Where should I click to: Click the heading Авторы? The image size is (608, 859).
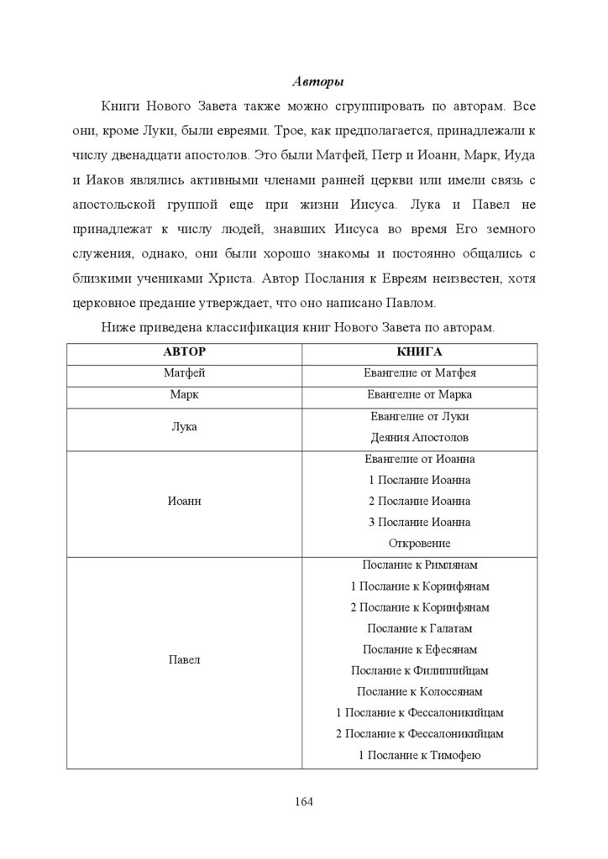(318, 82)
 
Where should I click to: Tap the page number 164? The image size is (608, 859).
(303, 802)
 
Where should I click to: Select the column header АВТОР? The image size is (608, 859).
(184, 352)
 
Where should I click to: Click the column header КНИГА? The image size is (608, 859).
(419, 352)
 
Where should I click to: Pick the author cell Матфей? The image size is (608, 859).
(184, 373)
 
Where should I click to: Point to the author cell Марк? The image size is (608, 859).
(184, 394)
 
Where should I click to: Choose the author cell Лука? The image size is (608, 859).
(184, 427)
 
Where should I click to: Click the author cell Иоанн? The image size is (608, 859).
(184, 501)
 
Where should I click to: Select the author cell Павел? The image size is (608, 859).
(184, 660)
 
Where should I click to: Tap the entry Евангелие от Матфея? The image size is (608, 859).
(419, 373)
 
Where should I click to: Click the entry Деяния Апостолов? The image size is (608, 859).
(419, 438)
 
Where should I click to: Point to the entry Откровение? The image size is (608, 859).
(419, 544)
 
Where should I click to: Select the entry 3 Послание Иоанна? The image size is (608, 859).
(419, 523)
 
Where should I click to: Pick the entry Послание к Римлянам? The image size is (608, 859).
(419, 565)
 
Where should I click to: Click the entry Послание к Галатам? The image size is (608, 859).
(419, 628)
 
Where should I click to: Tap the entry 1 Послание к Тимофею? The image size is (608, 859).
(419, 756)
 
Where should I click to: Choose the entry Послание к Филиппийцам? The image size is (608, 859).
(419, 671)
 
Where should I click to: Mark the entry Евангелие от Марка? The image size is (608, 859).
(419, 394)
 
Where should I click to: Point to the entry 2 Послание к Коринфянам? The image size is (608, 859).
(419, 607)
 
